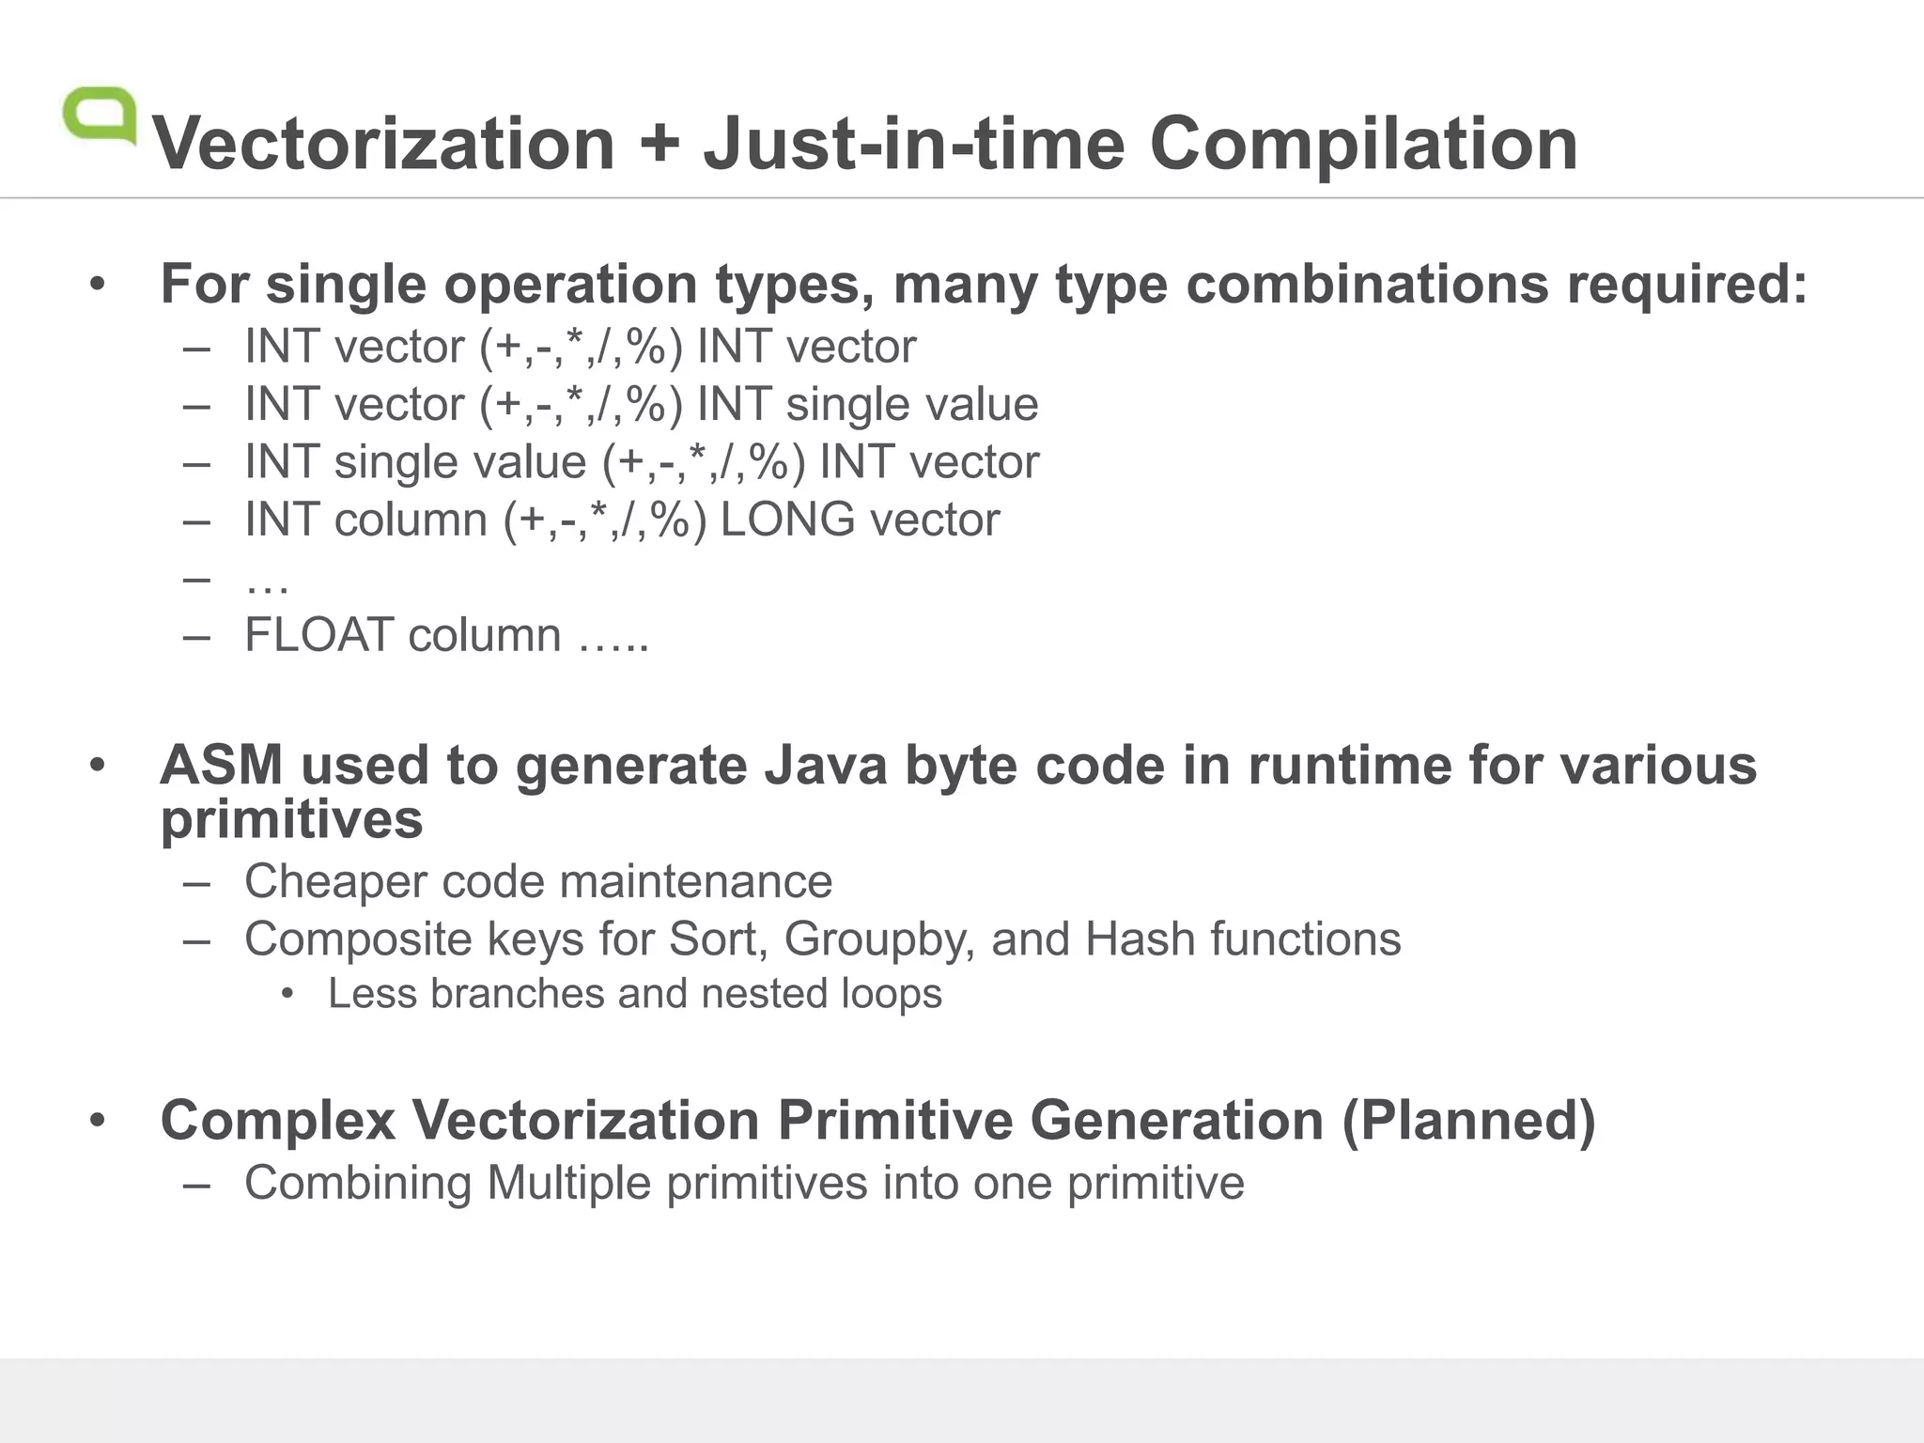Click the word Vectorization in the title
point(383,144)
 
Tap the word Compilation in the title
point(1363,144)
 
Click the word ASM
point(221,765)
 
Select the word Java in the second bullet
point(825,765)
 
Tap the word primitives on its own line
point(291,821)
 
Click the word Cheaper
point(335,882)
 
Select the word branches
point(517,994)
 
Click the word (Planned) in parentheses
point(1468,1121)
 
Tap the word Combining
point(358,1183)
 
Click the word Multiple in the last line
point(568,1183)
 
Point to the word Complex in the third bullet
point(277,1121)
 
